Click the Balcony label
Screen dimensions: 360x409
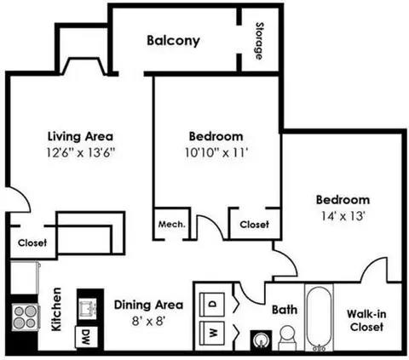(x=173, y=40)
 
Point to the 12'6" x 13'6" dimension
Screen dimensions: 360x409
(x=80, y=152)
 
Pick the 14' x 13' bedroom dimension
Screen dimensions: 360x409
(x=340, y=215)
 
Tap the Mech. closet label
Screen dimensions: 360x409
(x=170, y=225)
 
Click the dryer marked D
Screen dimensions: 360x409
(x=214, y=303)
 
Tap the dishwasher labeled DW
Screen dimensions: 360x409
(x=86, y=337)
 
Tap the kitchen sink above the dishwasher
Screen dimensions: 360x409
(x=86, y=305)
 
